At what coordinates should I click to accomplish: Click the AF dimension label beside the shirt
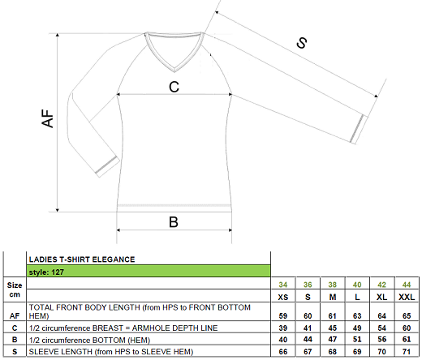point(48,118)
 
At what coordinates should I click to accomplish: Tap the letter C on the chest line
point(174,87)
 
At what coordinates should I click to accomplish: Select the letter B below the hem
point(174,222)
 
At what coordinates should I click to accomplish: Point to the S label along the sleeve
point(302,43)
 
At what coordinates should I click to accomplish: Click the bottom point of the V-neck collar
point(174,71)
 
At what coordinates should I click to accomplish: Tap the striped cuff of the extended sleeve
point(357,129)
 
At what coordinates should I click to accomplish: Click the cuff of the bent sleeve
point(108,166)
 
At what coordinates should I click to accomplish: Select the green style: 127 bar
point(149,271)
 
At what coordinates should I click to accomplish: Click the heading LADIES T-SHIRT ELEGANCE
point(82,259)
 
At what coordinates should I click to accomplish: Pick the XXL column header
point(407,297)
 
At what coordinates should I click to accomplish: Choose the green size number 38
point(333,285)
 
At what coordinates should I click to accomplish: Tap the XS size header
point(283,297)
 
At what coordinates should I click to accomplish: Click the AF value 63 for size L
point(357,315)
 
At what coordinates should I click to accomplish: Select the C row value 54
point(381,328)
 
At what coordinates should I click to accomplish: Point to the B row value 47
point(333,340)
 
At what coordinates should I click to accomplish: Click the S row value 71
point(407,351)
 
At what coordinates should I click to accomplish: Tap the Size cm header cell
point(15,289)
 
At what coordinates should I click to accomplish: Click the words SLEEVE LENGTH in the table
point(61,352)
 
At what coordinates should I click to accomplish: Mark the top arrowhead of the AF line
point(58,35)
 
